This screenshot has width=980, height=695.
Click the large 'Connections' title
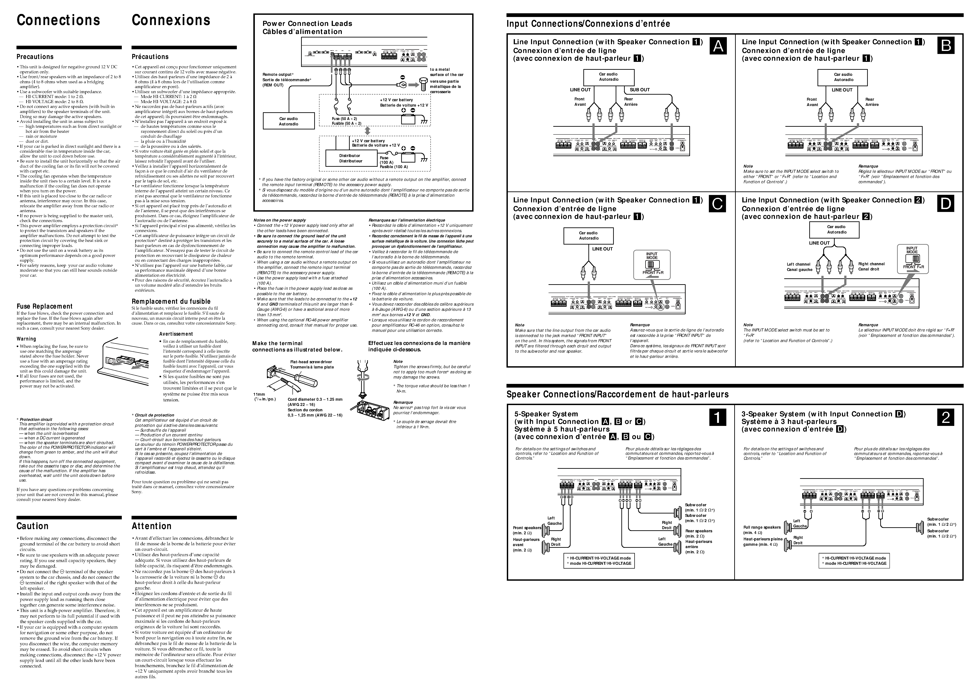[x=58, y=20]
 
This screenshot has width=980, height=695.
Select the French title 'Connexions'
[x=171, y=20]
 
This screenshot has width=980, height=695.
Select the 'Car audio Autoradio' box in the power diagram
[x=288, y=121]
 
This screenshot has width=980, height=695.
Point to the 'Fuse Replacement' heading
[x=45, y=306]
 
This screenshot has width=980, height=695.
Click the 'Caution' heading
[x=33, y=526]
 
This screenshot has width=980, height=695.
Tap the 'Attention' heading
[x=152, y=526]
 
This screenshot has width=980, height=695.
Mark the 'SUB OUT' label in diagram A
[x=640, y=90]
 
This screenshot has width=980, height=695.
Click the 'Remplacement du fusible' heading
[x=171, y=301]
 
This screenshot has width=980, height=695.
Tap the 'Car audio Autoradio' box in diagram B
[x=843, y=77]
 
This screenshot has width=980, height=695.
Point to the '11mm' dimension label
[x=259, y=394]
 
